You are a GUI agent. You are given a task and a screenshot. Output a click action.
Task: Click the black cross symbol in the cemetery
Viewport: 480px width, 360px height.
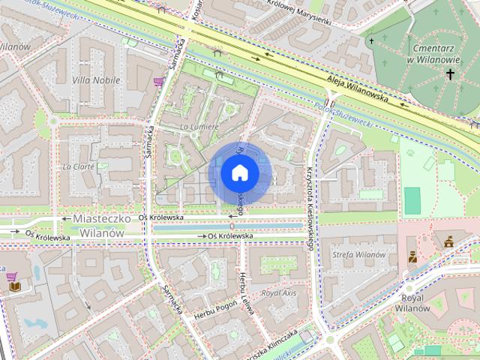(451, 73)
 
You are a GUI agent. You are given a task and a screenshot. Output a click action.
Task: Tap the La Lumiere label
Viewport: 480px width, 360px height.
(199, 127)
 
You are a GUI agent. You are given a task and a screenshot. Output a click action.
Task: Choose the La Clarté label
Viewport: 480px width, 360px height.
(79, 166)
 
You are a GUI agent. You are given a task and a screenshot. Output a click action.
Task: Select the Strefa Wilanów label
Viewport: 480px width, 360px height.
(358, 255)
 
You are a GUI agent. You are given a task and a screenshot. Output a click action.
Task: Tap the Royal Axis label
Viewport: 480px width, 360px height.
(279, 292)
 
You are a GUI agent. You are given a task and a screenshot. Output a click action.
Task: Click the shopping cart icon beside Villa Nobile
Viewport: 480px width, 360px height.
(158, 82)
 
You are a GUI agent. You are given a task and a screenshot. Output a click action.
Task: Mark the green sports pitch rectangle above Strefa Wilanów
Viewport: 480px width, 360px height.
(412, 200)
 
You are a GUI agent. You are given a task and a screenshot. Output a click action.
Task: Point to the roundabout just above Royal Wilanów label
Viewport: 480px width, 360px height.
(409, 288)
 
